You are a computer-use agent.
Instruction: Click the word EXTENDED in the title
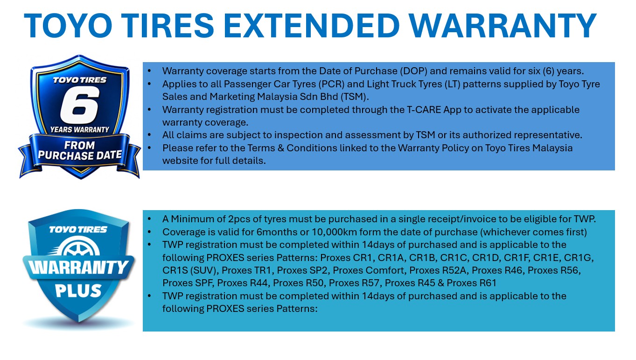point(312,26)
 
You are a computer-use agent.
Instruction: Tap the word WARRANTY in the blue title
point(502,26)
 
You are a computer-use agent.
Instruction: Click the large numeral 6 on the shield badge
point(80,105)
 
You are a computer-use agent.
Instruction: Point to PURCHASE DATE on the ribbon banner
point(80,155)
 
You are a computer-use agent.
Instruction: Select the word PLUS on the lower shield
point(78,291)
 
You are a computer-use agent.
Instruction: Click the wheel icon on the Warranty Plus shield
point(80,247)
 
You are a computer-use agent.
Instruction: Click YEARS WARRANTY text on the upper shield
point(80,129)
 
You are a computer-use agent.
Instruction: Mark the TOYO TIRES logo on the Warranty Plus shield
point(78,230)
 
